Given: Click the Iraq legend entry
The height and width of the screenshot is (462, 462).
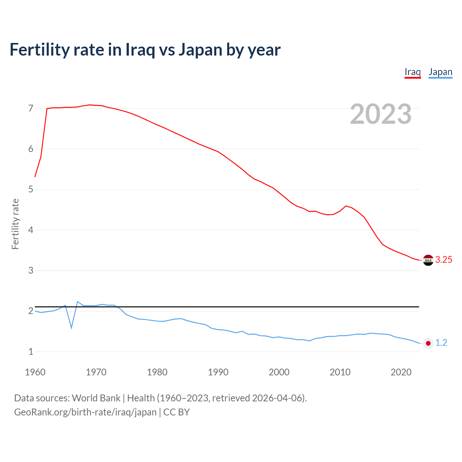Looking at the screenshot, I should [413, 72].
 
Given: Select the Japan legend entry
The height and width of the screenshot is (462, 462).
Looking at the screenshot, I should [440, 72].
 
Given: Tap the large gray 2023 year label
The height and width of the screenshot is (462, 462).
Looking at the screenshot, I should [381, 114].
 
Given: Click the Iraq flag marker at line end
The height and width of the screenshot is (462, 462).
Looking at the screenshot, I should [428, 260].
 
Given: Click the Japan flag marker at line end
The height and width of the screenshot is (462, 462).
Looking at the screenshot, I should [428, 343].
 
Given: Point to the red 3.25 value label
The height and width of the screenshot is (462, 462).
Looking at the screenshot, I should [444, 260].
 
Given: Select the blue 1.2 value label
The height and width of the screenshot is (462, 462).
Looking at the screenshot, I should [441, 343].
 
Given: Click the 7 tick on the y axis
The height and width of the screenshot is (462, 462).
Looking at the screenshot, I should [31, 109].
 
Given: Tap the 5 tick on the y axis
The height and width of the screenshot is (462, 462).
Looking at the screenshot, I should [31, 189].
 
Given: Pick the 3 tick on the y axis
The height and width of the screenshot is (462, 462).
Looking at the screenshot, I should [31, 270].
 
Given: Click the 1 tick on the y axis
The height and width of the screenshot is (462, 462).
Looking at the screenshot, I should [31, 352].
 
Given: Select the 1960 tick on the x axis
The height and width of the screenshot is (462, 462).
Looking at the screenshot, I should [35, 372].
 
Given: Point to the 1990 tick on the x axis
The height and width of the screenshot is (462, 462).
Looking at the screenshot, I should [218, 372].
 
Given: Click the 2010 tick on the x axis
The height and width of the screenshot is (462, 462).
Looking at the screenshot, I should [340, 372].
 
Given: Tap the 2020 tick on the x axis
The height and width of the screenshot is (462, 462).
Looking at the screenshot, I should [401, 372].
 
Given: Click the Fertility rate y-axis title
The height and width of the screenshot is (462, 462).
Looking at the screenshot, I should [15, 224].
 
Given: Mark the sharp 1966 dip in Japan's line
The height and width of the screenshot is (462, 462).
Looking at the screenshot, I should [71, 328].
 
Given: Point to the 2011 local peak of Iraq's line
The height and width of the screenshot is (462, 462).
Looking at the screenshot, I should [346, 206].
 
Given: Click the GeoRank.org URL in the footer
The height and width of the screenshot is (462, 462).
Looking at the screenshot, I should [85, 412].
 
